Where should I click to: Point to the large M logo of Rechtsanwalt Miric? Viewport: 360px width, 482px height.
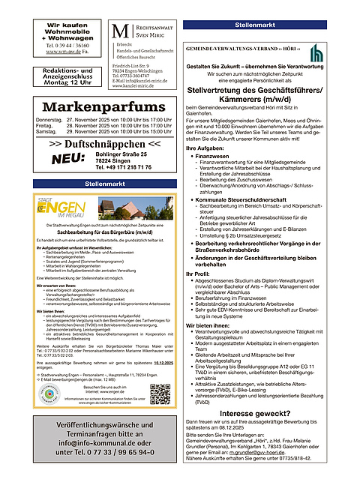(118, 34)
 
